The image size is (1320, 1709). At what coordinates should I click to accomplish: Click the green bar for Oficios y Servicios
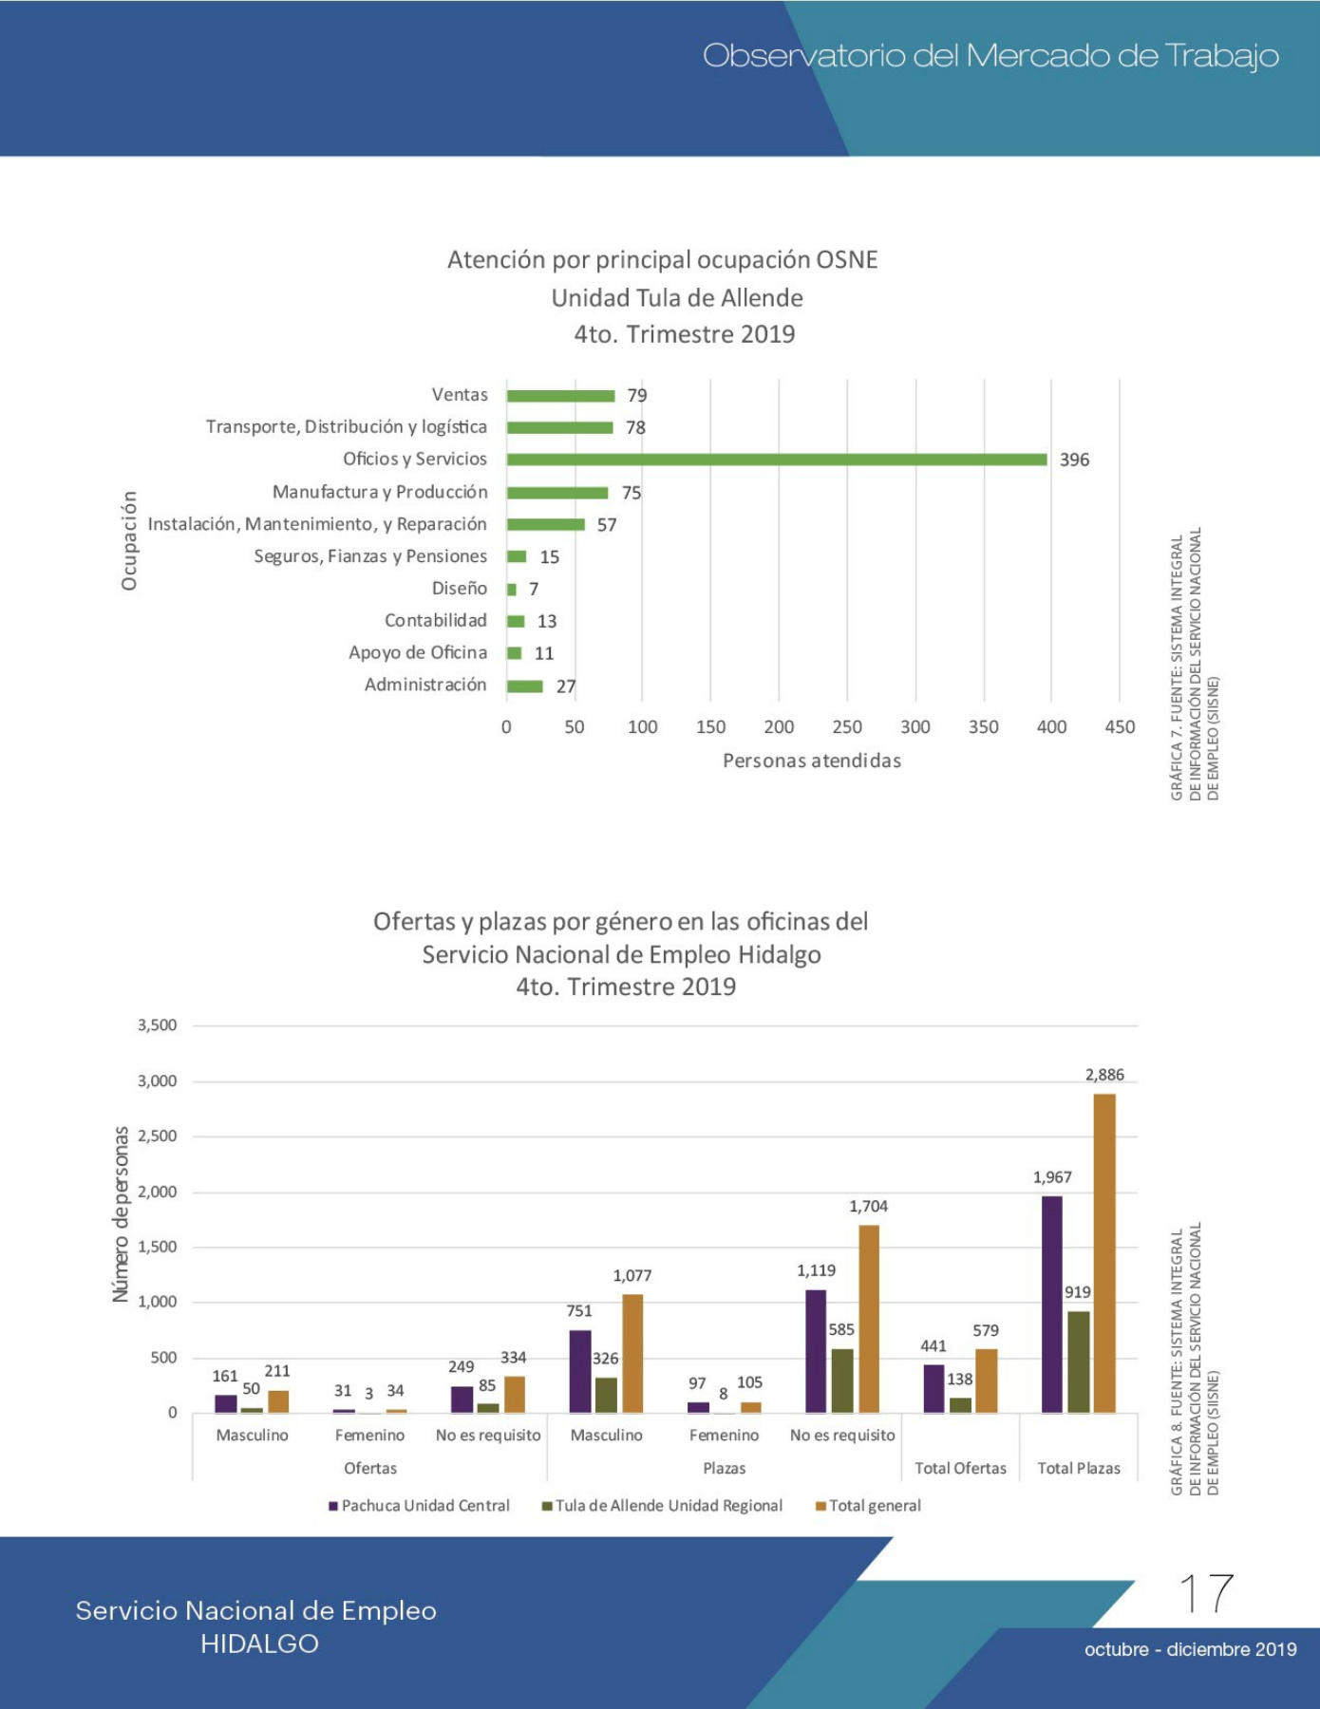[x=777, y=460]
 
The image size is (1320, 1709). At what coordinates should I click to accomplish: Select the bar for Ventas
[x=560, y=396]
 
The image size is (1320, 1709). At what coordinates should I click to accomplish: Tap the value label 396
[x=1074, y=460]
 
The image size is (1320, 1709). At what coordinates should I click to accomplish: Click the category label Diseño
[x=460, y=589]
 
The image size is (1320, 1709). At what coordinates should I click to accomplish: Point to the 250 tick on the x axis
[x=847, y=727]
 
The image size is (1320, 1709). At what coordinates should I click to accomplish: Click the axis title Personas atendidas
[x=812, y=761]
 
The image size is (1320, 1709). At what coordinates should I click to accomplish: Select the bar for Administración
[x=525, y=686]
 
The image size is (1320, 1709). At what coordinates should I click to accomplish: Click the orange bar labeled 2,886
[x=1104, y=1253]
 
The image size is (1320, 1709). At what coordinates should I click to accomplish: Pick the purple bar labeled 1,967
[x=1052, y=1305]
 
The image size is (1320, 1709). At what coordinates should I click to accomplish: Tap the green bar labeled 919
[x=1078, y=1362]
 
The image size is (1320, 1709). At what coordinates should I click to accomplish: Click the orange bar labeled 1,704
[x=869, y=1319]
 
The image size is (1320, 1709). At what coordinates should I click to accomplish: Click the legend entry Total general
[x=868, y=1506]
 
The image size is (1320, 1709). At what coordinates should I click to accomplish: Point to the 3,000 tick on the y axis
[x=158, y=1081]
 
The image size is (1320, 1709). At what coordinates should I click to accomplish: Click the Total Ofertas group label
[x=960, y=1468]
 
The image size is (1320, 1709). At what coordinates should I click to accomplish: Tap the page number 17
[x=1206, y=1593]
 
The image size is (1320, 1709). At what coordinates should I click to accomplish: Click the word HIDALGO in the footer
[x=259, y=1643]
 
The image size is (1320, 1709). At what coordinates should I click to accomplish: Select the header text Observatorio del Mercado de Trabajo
[x=990, y=56]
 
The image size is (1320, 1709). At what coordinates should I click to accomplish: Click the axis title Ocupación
[x=129, y=541]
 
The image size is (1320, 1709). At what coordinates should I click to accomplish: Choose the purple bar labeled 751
[x=580, y=1372]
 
